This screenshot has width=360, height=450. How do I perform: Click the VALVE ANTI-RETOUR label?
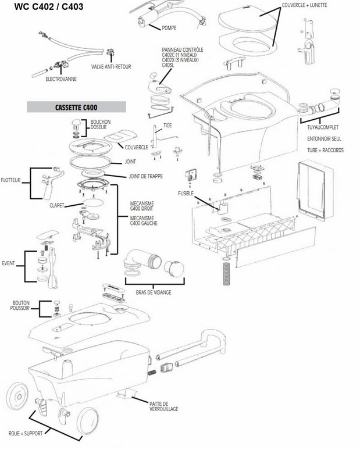[111, 67]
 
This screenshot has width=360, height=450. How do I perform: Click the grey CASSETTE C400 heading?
[77, 108]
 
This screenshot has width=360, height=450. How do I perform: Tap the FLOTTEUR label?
[11, 180]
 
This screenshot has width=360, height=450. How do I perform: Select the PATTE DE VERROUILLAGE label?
[163, 406]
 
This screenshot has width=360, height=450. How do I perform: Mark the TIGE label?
[167, 125]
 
